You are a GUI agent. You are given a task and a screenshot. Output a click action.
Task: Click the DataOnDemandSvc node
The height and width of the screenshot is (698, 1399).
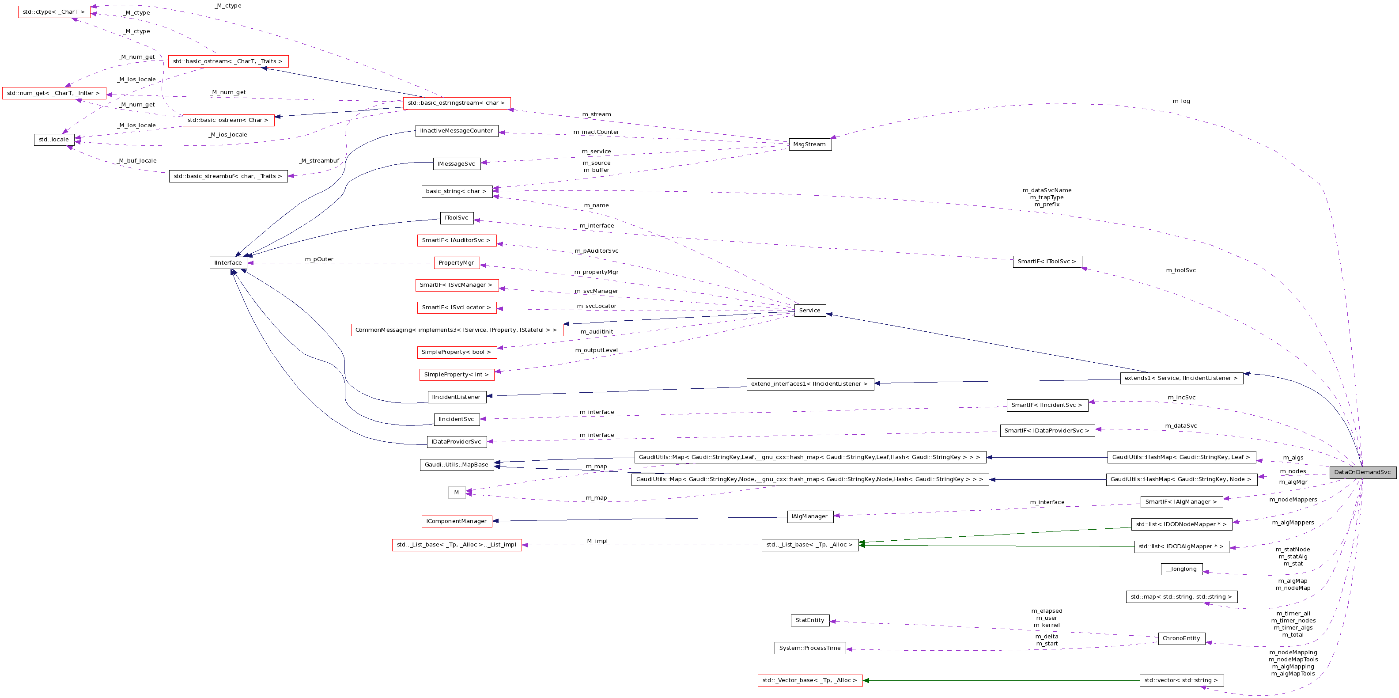coord(1362,472)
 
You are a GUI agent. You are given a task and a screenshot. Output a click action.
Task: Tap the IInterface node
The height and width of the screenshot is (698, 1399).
coord(228,263)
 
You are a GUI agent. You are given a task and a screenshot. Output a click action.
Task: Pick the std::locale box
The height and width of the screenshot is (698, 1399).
coord(54,140)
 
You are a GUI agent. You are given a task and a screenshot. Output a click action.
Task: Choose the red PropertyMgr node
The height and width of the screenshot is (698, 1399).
coord(456,263)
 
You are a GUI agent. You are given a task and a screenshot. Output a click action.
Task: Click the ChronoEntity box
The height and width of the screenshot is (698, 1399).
coord(1181,638)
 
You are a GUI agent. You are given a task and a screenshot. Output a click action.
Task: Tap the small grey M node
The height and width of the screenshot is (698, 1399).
coord(456,493)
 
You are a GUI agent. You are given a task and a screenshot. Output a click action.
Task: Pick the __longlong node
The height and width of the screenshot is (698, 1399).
coord(1181,569)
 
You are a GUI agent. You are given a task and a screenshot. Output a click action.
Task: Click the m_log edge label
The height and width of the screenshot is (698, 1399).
coord(1181,101)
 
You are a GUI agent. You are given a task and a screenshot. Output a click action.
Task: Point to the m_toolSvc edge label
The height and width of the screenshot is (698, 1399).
coord(1181,270)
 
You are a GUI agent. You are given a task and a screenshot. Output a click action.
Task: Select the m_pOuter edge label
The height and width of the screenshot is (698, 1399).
coord(319,259)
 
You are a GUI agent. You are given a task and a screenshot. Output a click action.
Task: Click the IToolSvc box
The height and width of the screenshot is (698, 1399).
coord(456,218)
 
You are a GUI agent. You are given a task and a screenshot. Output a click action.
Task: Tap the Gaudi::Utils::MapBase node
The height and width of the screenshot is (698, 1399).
coord(456,465)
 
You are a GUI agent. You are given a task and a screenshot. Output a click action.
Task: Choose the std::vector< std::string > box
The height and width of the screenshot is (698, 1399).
coord(1181,681)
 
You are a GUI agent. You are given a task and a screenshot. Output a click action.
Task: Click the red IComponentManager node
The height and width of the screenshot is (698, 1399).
coord(456,521)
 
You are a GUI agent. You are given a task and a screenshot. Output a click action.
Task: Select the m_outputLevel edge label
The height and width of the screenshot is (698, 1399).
coord(596,350)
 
